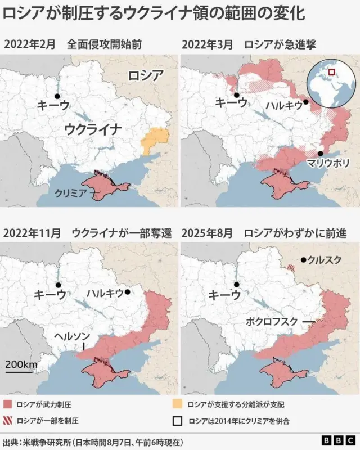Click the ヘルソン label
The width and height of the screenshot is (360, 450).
pyautogui.click(x=72, y=336)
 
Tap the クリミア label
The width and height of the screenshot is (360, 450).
pyautogui.click(x=70, y=192)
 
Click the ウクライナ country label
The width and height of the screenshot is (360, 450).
pyautogui.click(x=93, y=129)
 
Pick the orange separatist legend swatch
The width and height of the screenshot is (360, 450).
pyautogui.click(x=178, y=404)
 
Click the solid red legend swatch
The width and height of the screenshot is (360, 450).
pyautogui.click(x=8, y=404)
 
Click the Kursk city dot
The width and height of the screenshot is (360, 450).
pyautogui.click(x=303, y=260)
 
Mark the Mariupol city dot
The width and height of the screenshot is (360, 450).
pyautogui.click(x=319, y=153)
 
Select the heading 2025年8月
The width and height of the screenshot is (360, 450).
pyautogui.click(x=208, y=233)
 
